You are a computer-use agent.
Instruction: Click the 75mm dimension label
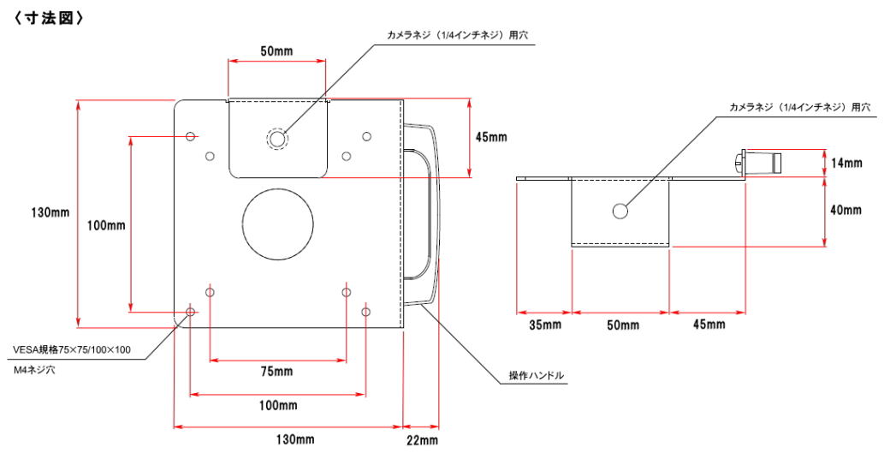[276, 372]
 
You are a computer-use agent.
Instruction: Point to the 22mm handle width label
[422, 440]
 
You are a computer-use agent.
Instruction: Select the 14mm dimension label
[846, 163]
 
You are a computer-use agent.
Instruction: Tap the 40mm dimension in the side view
[845, 210]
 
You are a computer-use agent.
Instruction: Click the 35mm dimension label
[545, 325]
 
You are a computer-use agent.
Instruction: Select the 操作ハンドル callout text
[537, 376]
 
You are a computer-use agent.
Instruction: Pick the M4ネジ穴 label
[34, 370]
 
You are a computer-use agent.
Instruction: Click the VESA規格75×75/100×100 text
[72, 350]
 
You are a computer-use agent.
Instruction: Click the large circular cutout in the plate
[277, 224]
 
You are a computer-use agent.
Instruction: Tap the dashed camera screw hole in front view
[277, 139]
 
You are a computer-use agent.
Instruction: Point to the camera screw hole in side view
[620, 212]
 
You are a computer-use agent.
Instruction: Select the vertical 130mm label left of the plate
[50, 212]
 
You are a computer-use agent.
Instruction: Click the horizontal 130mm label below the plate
[295, 440]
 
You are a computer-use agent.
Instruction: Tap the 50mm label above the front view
[277, 51]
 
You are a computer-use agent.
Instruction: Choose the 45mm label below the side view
[709, 325]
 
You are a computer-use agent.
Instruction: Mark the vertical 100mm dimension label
[106, 225]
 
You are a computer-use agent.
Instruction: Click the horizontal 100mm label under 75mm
[278, 406]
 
